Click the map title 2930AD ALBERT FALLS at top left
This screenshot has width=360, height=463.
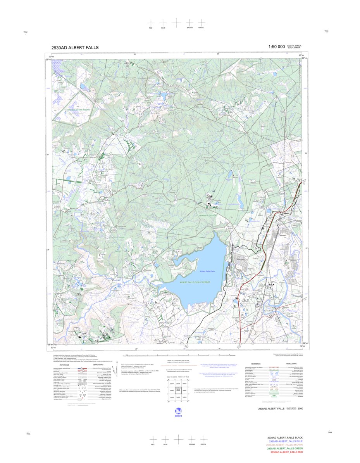(75, 48)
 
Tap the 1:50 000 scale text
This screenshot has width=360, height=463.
(276, 47)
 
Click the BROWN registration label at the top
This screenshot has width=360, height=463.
(189, 28)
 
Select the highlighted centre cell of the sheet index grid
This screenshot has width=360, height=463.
(178, 378)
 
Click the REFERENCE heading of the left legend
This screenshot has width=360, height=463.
(64, 365)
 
